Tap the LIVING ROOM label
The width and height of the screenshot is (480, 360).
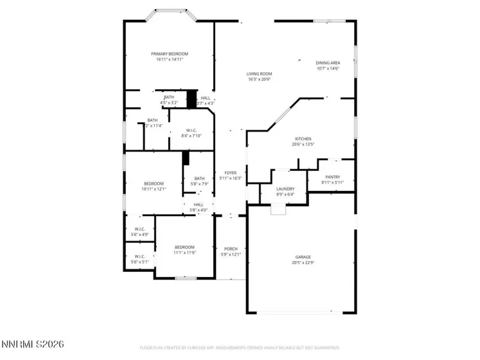tap(259, 74)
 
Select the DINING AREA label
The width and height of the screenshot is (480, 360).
tap(327, 63)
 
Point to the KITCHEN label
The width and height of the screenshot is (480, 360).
tap(303, 139)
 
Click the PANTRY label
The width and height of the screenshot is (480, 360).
tap(332, 177)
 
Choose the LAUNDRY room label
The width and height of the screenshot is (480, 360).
tap(285, 188)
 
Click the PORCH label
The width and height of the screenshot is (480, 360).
tap(231, 249)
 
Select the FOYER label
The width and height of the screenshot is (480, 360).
tap(230, 173)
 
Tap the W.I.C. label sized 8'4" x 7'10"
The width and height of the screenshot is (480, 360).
tap(191, 130)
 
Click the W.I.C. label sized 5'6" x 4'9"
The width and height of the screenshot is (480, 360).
tap(139, 229)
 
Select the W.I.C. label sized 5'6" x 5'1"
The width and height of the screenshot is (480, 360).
tap(139, 256)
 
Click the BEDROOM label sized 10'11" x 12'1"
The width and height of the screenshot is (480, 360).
tap(154, 183)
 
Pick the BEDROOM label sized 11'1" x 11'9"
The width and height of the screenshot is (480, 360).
tap(185, 248)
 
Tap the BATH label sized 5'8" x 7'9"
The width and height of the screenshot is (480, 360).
tap(199, 179)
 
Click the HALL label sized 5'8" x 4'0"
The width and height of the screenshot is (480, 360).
tap(199, 204)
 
